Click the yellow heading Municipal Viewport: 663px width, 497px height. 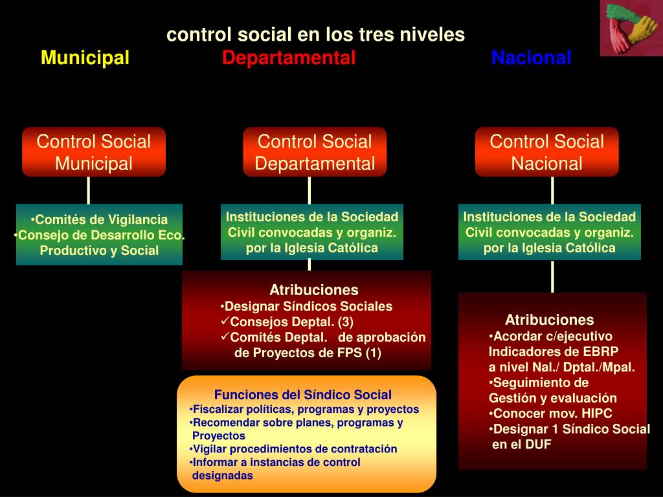[85, 58]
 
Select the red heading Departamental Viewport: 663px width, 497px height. [289, 58]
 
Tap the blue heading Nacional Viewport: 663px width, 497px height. [531, 58]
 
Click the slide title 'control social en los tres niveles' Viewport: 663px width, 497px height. [315, 34]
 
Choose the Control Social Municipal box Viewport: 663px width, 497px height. [94, 152]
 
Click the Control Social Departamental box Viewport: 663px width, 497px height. [315, 152]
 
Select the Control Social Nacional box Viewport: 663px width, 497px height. [546, 152]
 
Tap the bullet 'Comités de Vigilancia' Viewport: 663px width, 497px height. [100, 219]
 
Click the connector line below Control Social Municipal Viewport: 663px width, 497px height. [89, 190]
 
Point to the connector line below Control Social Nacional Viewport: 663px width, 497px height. [552, 190]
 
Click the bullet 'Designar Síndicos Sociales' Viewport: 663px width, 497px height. [307, 306]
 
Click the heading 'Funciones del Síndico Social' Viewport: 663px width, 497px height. [303, 395]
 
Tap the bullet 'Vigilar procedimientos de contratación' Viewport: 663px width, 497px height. [294, 448]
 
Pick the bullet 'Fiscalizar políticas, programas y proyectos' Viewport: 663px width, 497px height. [305, 409]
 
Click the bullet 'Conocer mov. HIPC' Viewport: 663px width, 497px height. [551, 414]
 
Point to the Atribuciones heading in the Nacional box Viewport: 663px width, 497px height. [549, 320]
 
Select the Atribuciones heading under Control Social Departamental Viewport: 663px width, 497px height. [313, 290]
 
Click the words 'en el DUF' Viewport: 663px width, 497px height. [522, 445]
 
